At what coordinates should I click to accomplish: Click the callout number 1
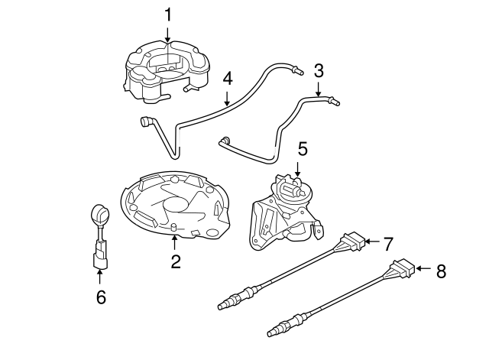pyautogui.click(x=169, y=14)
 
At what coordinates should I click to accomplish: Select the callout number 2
pyautogui.click(x=176, y=262)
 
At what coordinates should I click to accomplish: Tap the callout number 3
pyautogui.click(x=319, y=71)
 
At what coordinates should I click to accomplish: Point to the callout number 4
pyautogui.click(x=227, y=79)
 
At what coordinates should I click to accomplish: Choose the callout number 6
pyautogui.click(x=100, y=297)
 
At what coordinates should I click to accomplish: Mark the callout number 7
pyautogui.click(x=388, y=245)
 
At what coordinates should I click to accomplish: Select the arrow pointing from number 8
pyautogui.click(x=424, y=268)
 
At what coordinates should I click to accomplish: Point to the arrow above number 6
pyautogui.click(x=100, y=277)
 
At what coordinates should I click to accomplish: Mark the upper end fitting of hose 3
pyautogui.click(x=335, y=100)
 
